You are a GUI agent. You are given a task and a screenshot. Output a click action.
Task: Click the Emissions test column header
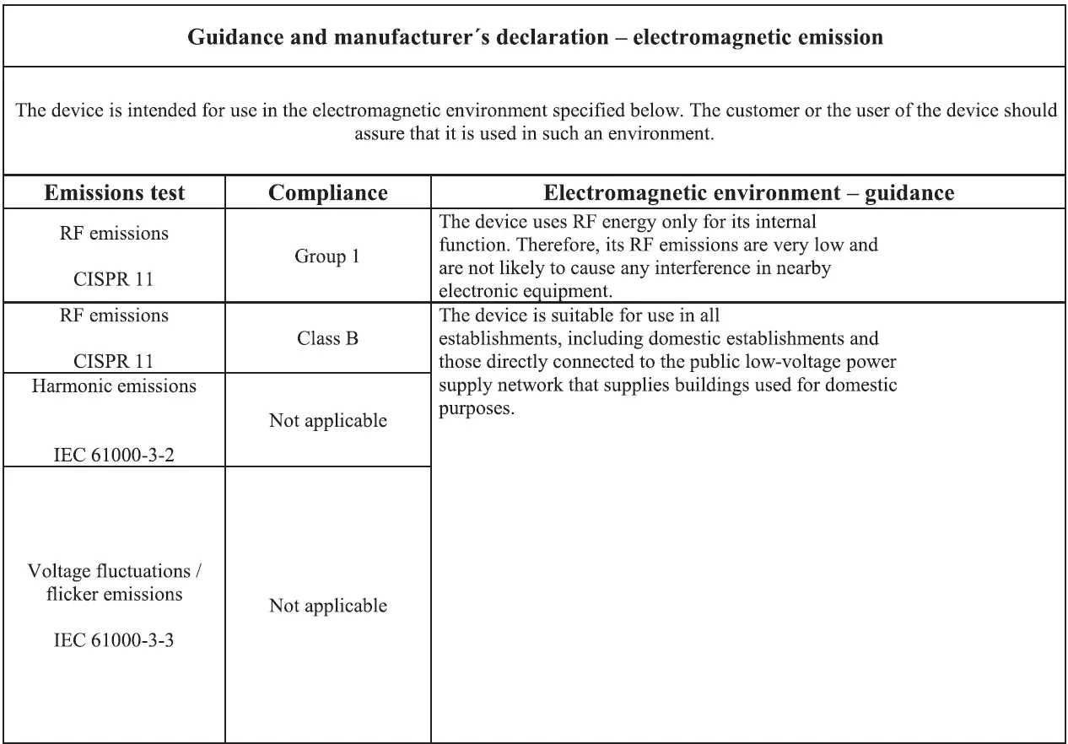click(114, 192)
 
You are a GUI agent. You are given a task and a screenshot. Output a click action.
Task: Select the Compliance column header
click(327, 192)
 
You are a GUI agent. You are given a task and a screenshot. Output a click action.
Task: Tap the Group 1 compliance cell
click(327, 256)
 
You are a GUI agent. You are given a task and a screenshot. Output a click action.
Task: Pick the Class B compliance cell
click(327, 339)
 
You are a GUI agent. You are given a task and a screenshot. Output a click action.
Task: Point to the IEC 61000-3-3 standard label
click(114, 640)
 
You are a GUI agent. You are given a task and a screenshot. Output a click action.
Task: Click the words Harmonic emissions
click(114, 386)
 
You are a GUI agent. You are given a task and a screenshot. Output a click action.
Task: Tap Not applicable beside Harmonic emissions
click(327, 420)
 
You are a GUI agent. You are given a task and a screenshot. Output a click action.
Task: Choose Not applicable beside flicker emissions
click(327, 606)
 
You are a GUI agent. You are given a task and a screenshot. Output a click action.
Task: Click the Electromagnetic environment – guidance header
click(748, 192)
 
